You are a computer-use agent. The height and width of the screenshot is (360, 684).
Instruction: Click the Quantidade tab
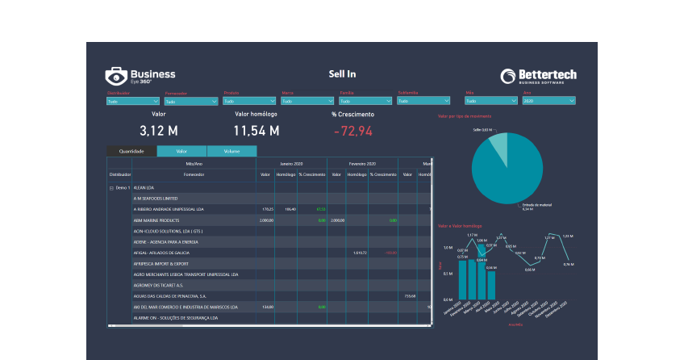tap(131, 151)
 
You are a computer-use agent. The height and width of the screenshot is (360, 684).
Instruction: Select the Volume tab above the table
tap(231, 151)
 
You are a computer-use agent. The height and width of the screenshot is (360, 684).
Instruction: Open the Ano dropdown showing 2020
tap(548, 102)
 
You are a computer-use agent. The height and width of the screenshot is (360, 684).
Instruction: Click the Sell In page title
tap(342, 74)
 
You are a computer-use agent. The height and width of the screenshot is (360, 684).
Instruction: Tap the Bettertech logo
tap(538, 76)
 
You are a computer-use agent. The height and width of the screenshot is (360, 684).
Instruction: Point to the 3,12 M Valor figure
tap(158, 131)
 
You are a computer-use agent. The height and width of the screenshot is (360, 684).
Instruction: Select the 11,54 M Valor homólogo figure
tap(256, 131)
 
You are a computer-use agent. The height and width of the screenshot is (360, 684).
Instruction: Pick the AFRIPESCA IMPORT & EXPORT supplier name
tap(161, 263)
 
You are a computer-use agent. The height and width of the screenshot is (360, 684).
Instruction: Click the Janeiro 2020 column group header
tap(292, 162)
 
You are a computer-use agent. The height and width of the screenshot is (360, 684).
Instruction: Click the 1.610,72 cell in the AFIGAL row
tap(360, 253)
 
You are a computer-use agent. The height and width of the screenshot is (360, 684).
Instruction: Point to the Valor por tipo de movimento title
tap(465, 116)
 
